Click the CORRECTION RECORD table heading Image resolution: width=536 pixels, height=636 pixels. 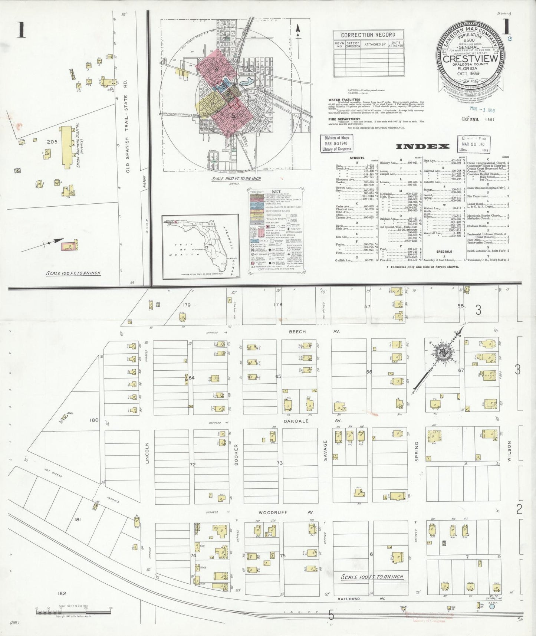368,35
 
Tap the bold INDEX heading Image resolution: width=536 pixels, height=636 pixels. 422,147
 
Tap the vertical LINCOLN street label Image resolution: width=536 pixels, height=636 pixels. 147,452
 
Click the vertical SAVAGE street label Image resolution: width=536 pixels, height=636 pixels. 325,450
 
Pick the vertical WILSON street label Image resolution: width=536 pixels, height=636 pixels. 509,450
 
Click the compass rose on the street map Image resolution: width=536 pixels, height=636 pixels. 443,353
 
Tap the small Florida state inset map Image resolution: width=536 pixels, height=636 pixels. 200,247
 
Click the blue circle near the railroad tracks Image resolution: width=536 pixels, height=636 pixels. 492,607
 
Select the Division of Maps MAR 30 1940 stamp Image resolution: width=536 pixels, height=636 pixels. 336,143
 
